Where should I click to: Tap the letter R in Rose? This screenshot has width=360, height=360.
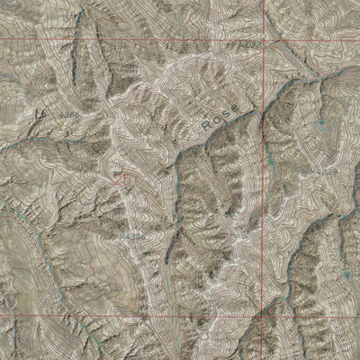205,123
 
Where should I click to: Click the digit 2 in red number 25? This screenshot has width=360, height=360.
118,179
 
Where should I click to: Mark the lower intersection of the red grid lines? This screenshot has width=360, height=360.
265,316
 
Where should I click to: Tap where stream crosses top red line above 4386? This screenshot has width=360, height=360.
81,41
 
